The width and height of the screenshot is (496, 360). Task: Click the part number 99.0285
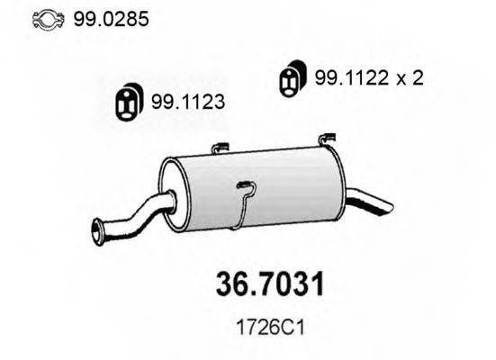111,19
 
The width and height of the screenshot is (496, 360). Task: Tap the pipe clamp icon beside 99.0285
49,20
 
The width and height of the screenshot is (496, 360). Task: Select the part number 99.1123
188,102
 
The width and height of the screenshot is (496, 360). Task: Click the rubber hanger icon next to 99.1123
129,101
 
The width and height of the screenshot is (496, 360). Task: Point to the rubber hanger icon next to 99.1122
293,77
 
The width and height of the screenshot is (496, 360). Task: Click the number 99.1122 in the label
351,77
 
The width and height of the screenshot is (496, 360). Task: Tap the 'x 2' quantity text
410,78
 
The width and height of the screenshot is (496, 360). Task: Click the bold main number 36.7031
270,283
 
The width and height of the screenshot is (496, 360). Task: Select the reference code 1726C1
270,328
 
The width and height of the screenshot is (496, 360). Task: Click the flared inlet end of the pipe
98,232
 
